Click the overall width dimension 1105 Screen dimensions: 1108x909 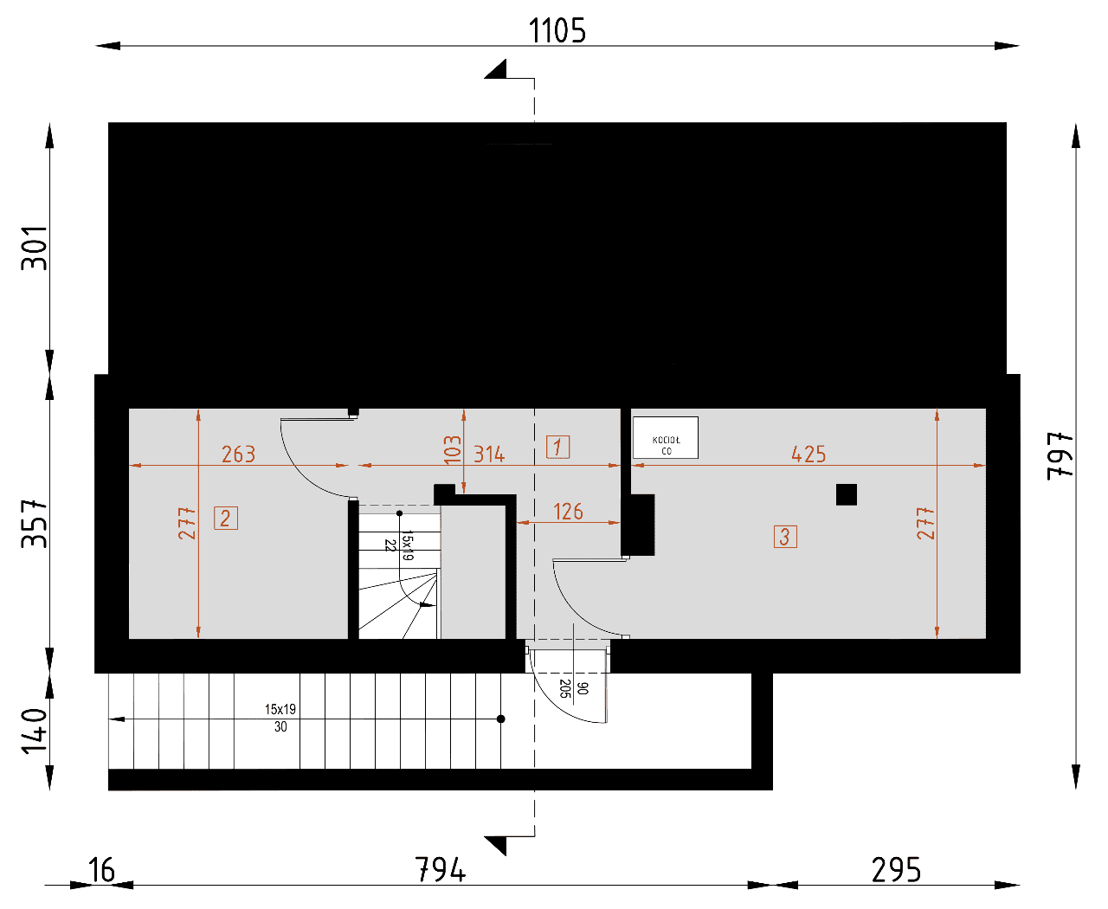click(x=557, y=30)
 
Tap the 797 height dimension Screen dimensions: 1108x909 click(x=1060, y=455)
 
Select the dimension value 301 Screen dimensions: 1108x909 click(x=34, y=248)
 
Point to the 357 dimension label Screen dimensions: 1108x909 click(x=34, y=524)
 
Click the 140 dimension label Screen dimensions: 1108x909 click(x=34, y=731)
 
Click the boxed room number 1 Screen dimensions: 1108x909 click(x=557, y=447)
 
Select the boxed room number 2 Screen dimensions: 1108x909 click(x=225, y=518)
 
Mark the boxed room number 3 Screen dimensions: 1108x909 click(x=785, y=537)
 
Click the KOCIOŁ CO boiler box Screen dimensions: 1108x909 click(x=665, y=437)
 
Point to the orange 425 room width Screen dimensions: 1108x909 click(x=808, y=454)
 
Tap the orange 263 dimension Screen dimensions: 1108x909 click(x=238, y=454)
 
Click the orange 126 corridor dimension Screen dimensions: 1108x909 click(x=568, y=512)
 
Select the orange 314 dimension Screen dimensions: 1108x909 click(x=489, y=454)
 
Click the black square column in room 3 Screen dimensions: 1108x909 click(x=846, y=494)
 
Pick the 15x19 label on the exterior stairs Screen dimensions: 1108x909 click(x=280, y=709)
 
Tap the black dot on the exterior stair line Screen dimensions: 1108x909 click(x=500, y=719)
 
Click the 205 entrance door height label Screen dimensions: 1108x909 click(x=564, y=688)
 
